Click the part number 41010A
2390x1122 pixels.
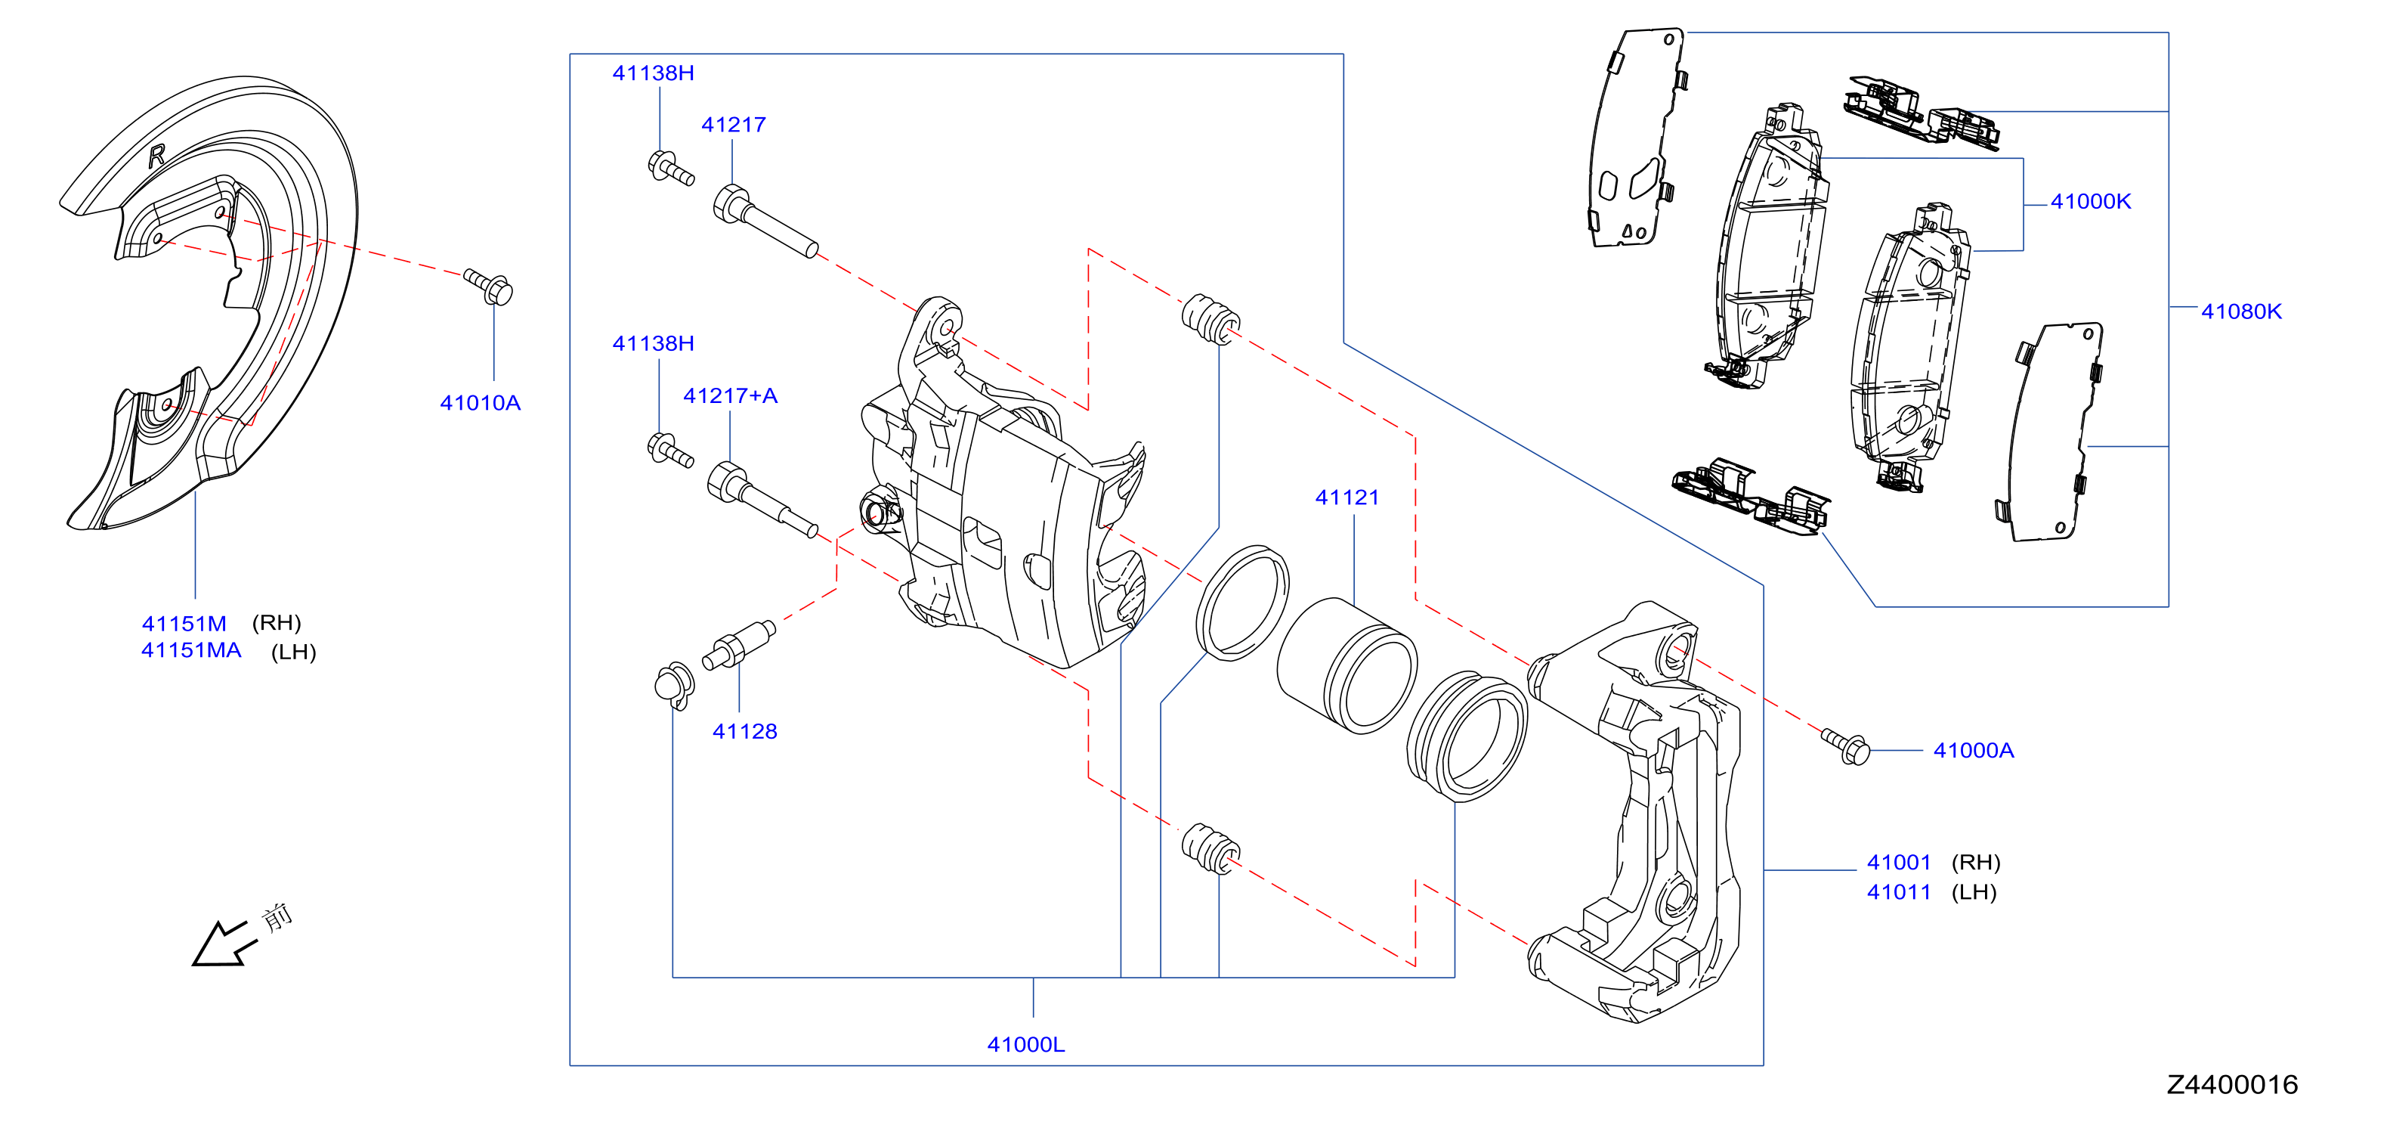[x=480, y=403]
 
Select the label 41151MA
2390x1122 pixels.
[x=191, y=649]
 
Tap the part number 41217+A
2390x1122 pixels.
[x=730, y=395]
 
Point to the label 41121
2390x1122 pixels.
[x=1347, y=497]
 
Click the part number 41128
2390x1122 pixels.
[x=745, y=731]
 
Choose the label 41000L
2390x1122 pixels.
[x=1026, y=1044]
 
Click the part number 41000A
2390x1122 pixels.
[x=1974, y=750]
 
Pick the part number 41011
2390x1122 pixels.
[x=1899, y=892]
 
